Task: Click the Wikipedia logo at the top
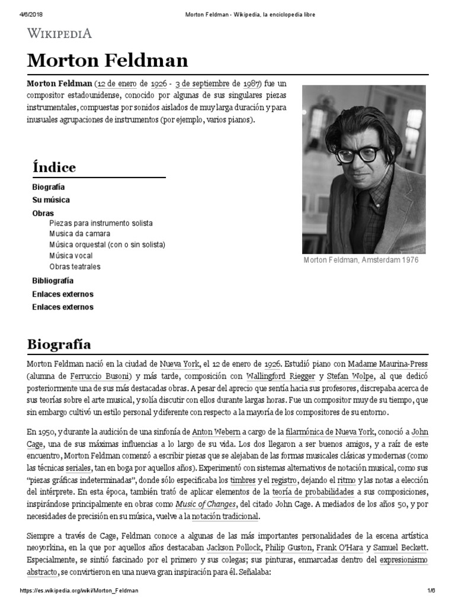coord(59,34)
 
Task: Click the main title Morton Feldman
coord(107,60)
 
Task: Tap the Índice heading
coord(54,167)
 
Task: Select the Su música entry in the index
coord(51,200)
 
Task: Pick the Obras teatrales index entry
coord(75,267)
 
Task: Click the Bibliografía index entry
coord(53,281)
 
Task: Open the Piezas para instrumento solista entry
coord(101,223)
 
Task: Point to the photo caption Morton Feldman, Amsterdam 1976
coord(361,260)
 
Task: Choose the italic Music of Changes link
coord(204,504)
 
